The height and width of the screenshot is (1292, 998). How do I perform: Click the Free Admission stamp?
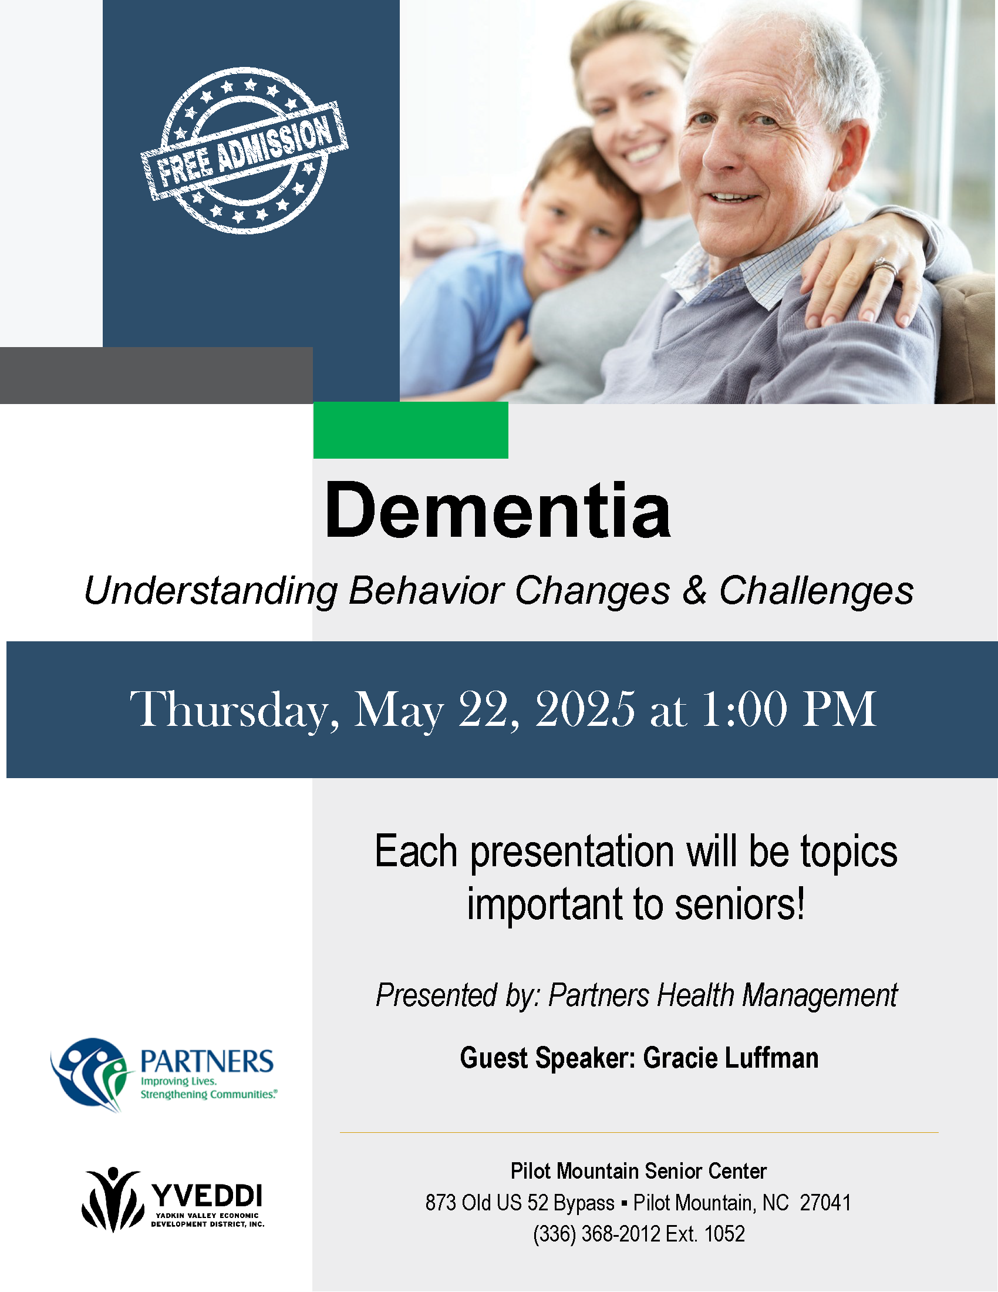coord(244,151)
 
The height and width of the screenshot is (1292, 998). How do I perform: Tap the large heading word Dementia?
coord(498,510)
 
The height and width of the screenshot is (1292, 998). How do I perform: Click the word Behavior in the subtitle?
coord(426,590)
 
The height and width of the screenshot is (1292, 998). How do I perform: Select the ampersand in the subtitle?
coord(694,590)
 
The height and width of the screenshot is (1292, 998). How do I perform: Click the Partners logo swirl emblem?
coord(92,1075)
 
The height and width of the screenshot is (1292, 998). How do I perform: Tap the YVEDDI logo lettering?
coord(207,1196)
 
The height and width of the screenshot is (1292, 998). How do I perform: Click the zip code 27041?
coord(825,1203)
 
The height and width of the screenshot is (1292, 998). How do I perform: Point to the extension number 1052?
coord(725,1234)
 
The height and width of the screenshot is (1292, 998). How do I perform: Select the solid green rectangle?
coord(410,430)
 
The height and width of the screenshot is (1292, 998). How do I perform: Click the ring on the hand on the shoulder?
coord(886,267)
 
